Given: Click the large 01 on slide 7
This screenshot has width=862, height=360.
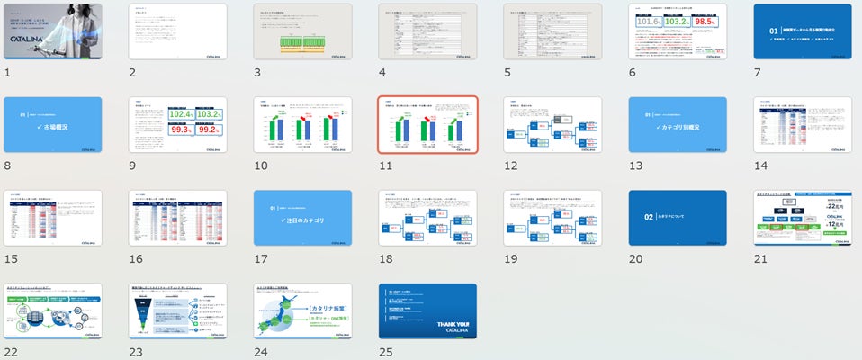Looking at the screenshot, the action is (770, 30).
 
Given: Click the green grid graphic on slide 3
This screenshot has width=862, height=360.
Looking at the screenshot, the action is (301, 41).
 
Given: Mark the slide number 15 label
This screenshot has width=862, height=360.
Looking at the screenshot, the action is (10, 257).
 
